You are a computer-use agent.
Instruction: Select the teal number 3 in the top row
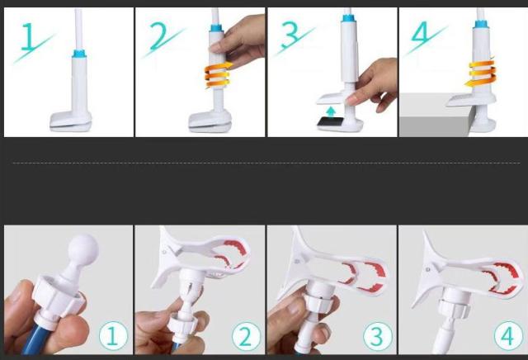pos(290,35)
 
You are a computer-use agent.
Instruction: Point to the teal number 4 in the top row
pos(420,33)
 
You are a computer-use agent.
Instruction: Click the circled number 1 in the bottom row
pos(113,336)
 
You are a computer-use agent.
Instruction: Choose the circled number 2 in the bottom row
pos(246,336)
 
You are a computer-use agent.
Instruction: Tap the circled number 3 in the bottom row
pos(377,336)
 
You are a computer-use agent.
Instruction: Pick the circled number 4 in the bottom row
pos(508,336)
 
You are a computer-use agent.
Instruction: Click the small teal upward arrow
pos(332,111)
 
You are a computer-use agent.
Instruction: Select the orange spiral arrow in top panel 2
pos(218,75)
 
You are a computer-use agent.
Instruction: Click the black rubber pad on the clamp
pos(330,122)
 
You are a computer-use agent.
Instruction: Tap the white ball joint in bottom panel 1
pos(83,249)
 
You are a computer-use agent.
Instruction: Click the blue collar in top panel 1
pos(79,54)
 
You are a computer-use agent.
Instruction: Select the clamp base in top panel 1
pos(71,121)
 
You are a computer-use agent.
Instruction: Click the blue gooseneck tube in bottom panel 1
pos(34,340)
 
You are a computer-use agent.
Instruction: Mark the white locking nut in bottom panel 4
pos(454,309)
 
